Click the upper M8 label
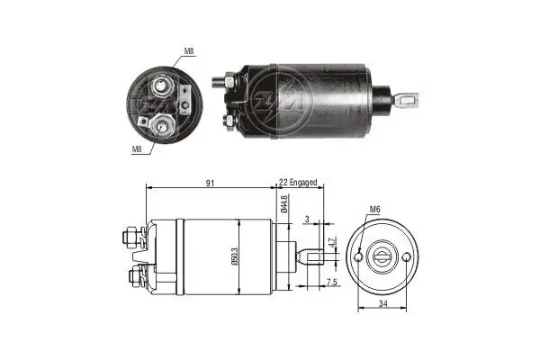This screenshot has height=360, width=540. (188, 51)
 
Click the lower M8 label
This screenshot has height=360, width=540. (136, 148)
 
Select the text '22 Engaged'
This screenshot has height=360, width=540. (297, 183)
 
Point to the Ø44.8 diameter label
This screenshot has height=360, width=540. (283, 205)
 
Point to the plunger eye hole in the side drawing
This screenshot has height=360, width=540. (315, 256)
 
